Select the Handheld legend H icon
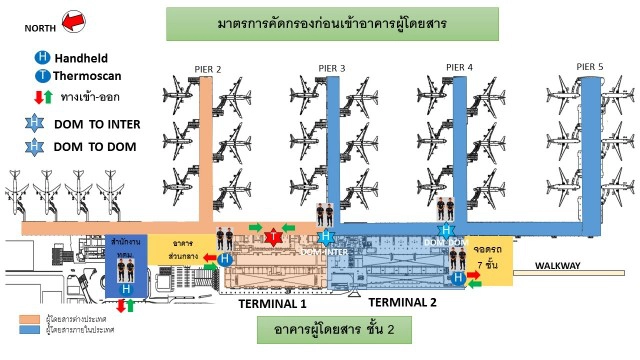tap(40, 59)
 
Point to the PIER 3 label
tap(332, 68)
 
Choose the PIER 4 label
tap(459, 67)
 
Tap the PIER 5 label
tap(590, 66)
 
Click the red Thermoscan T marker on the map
tap(273, 237)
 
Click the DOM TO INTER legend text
tap(97, 125)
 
